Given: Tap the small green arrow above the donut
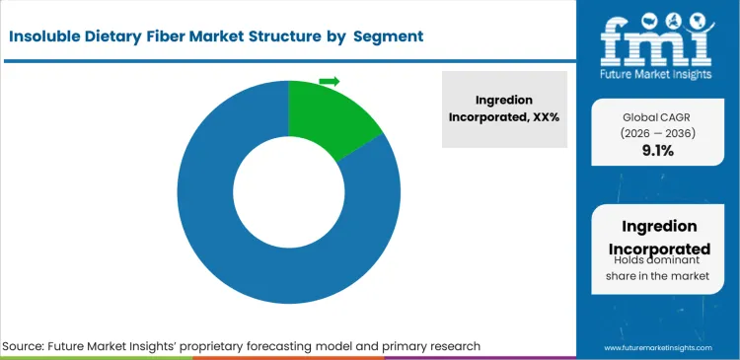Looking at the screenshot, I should point(330,81).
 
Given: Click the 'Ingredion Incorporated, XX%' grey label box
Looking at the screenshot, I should point(504,108).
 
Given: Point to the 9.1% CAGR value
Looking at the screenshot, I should point(657,151).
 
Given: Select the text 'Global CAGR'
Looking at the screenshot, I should point(657,115).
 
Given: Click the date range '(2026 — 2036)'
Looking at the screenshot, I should point(657,132).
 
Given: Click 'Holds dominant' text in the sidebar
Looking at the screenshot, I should point(657,260).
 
